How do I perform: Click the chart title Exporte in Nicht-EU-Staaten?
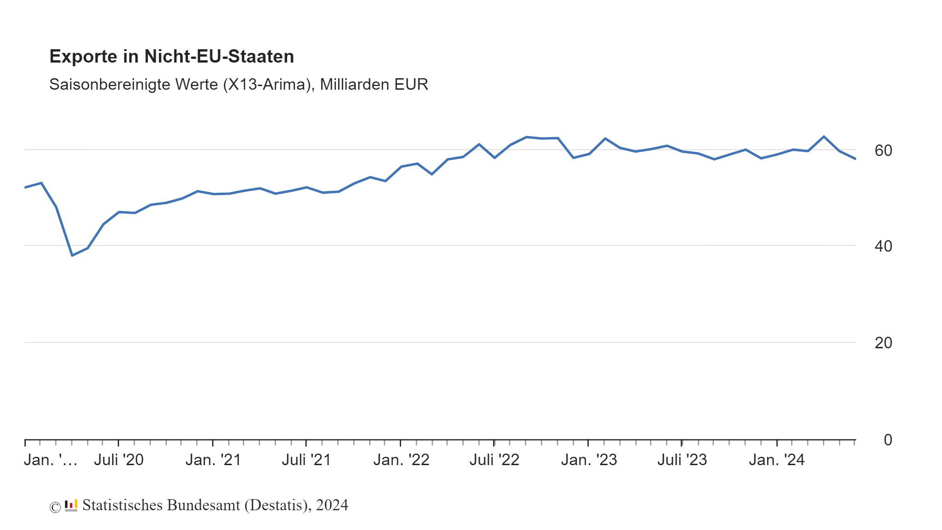pyautogui.click(x=172, y=57)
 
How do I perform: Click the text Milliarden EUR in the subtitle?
pyautogui.click(x=374, y=85)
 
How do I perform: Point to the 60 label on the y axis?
pyautogui.click(x=883, y=150)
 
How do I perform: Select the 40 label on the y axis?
pyautogui.click(x=883, y=246)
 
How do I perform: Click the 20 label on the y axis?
pyautogui.click(x=883, y=343)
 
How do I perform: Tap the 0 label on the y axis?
pyautogui.click(x=888, y=440)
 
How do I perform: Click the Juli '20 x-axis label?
pyautogui.click(x=119, y=460)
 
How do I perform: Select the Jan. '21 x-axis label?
pyautogui.click(x=213, y=460)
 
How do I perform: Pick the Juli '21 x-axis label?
pyautogui.click(x=306, y=460)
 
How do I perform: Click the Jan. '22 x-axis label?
pyautogui.click(x=401, y=460)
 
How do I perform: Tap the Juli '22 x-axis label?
pyautogui.click(x=494, y=460)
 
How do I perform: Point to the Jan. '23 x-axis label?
pyautogui.click(x=589, y=460)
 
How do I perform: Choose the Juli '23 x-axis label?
pyautogui.click(x=682, y=460)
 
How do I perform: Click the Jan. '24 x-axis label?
pyautogui.click(x=776, y=460)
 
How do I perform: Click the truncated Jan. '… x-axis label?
pyautogui.click(x=50, y=460)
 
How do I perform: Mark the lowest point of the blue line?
pyautogui.click(x=72, y=255)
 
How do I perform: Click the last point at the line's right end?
pyautogui.click(x=855, y=159)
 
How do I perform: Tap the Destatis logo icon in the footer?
pyautogui.click(x=71, y=506)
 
